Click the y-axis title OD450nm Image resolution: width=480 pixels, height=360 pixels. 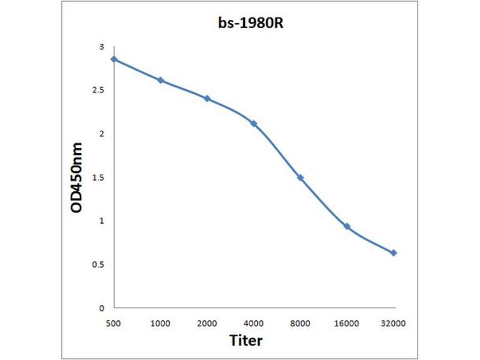point(77,178)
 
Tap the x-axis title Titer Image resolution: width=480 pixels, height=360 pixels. point(246,341)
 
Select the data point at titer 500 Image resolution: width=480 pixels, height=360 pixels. point(113,59)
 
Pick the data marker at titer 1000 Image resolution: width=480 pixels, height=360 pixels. point(160,80)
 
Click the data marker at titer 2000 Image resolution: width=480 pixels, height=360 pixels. point(207,98)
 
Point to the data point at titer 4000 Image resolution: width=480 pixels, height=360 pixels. point(253,124)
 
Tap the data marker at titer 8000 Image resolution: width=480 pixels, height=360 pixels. point(300,178)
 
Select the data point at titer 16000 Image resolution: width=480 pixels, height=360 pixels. point(347,226)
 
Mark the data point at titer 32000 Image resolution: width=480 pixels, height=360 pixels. point(394,253)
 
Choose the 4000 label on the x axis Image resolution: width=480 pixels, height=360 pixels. point(253,323)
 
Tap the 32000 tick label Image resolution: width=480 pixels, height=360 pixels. point(394,323)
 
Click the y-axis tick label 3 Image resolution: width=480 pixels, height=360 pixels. point(101,47)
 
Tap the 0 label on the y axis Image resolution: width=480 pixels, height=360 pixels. point(101,308)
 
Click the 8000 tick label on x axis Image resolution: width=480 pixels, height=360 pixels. point(300,323)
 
